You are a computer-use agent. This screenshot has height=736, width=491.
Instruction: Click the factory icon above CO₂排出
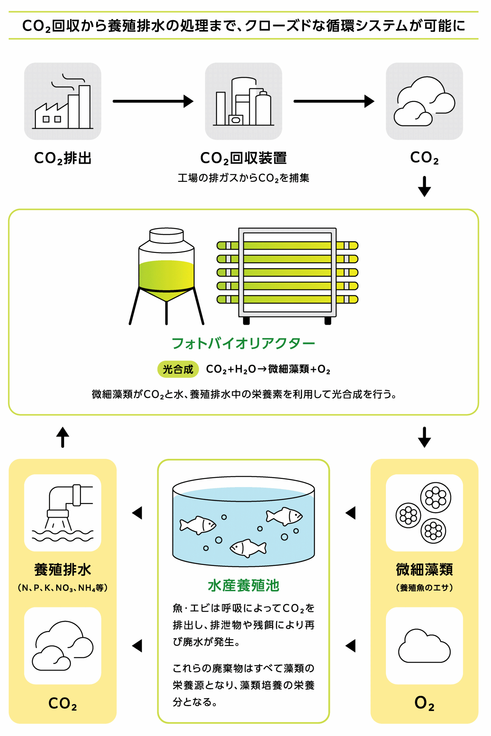pyautogui.click(x=63, y=101)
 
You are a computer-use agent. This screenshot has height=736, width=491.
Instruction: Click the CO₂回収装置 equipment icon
pyautogui.click(x=243, y=101)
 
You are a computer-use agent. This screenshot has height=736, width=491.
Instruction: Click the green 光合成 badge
pyautogui.click(x=178, y=369)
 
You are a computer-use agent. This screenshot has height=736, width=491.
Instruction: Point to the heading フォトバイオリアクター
pyautogui.click(x=243, y=344)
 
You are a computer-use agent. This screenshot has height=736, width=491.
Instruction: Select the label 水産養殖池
pyautogui.click(x=243, y=586)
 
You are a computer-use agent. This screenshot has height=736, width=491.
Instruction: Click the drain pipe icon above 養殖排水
pyautogui.click(x=63, y=513)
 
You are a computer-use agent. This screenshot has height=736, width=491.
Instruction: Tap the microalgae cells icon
pyautogui.click(x=424, y=513)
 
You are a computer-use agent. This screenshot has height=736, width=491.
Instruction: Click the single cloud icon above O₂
pyautogui.click(x=424, y=646)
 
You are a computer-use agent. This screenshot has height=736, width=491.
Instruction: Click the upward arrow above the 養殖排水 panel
pyautogui.click(x=63, y=437)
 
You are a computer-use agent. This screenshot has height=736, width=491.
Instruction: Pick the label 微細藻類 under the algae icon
pyautogui.click(x=424, y=570)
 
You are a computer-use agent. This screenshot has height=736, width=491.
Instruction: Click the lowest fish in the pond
pyautogui.click(x=248, y=548)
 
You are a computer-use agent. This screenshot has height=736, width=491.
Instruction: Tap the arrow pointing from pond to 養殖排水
pyautogui.click(x=137, y=513)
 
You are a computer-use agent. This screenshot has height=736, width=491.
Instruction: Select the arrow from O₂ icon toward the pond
pyautogui.click(x=350, y=646)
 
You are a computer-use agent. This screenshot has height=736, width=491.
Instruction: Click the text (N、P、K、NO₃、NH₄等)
pyautogui.click(x=63, y=588)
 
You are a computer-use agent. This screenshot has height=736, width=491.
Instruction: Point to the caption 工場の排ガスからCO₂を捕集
pyautogui.click(x=243, y=178)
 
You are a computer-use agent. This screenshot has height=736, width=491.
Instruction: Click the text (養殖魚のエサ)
pyautogui.click(x=424, y=588)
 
